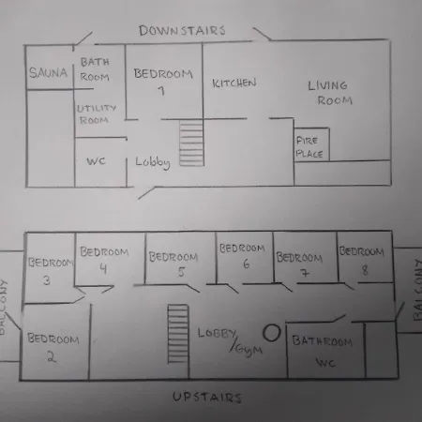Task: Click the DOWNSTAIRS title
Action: (182, 30)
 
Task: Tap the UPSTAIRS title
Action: (207, 397)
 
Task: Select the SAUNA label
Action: (48, 72)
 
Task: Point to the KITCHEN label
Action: (234, 83)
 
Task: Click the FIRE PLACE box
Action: (311, 144)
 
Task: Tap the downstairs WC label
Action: (96, 161)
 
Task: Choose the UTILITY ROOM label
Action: (97, 114)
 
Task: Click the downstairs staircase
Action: (191, 143)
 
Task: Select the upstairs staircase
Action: (178, 334)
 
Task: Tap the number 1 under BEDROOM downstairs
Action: (161, 91)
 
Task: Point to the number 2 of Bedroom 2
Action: (52, 356)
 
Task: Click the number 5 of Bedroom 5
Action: (181, 272)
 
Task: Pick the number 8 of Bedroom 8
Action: (365, 270)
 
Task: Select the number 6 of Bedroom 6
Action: (247, 264)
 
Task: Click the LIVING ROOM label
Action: (330, 93)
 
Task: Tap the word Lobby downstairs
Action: (153, 162)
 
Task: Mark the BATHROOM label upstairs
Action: (323, 341)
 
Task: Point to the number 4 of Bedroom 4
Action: (103, 268)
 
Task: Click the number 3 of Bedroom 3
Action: (47, 280)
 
